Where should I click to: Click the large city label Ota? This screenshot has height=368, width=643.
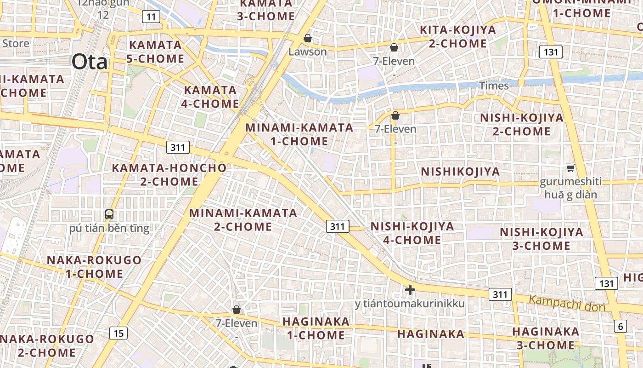point(89,62)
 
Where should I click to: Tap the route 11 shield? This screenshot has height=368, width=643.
point(151,17)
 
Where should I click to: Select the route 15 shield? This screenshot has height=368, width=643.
point(118,333)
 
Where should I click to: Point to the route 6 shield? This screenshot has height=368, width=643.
point(620,327)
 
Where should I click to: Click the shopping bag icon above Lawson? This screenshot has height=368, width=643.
point(308,38)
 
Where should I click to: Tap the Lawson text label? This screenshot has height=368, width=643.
point(308,52)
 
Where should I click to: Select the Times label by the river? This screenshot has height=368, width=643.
point(494,86)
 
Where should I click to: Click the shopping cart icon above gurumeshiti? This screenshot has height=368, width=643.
point(570,168)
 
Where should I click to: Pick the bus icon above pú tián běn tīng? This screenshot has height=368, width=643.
point(109,214)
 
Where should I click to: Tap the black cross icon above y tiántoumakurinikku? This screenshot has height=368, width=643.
point(410,290)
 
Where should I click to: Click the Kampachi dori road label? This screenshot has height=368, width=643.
point(567,304)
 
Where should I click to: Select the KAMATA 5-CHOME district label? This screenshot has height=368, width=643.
point(156,52)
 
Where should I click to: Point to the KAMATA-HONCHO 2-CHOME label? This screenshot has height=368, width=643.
point(169,174)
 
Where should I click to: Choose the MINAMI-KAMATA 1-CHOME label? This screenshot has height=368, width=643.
point(299,134)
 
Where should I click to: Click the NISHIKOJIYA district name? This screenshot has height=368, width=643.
point(460,172)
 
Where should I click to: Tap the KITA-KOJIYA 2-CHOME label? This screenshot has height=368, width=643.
point(458,37)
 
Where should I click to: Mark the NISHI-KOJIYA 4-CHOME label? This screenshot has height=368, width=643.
point(412,233)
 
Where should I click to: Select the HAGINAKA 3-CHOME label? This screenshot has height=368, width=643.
point(546,338)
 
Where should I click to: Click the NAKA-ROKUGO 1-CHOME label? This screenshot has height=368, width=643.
point(94,267)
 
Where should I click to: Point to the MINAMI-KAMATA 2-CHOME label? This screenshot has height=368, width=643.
point(243,220)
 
